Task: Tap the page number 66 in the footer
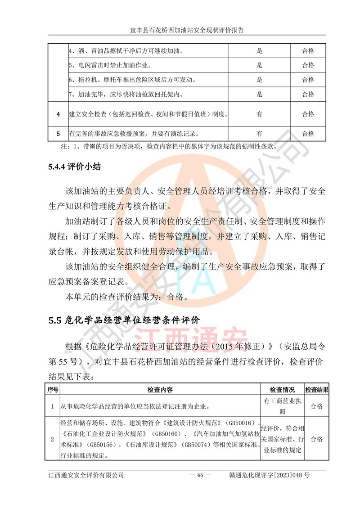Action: [200, 475]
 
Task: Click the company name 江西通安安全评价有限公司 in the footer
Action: [85, 475]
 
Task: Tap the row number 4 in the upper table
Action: [58, 114]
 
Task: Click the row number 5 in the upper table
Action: [58, 134]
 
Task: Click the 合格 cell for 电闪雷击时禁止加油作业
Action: [308, 65]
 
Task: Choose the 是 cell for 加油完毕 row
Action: [259, 95]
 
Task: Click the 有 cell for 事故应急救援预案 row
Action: [259, 134]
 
